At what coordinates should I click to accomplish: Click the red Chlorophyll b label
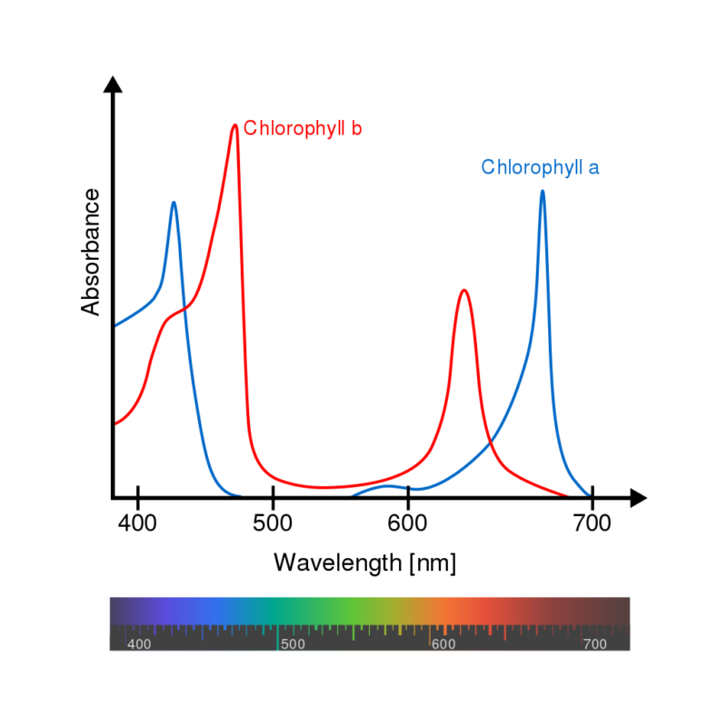(303, 128)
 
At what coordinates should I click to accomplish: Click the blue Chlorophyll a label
(540, 167)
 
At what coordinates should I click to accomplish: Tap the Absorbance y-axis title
(91, 253)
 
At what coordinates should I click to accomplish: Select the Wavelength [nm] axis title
(364, 563)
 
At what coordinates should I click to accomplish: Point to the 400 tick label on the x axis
(137, 524)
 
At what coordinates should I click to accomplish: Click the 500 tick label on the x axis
(274, 524)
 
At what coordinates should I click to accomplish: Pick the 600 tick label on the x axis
(409, 524)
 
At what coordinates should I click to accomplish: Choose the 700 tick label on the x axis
(593, 524)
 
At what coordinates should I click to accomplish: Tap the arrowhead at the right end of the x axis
(638, 498)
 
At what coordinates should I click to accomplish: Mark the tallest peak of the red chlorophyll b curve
(234, 125)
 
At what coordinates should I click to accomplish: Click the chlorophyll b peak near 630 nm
(464, 291)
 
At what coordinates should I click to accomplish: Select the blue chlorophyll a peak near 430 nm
(174, 203)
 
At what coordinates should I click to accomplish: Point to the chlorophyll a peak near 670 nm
(543, 191)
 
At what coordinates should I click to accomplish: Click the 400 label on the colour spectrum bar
(139, 644)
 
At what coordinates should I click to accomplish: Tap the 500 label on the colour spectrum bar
(293, 644)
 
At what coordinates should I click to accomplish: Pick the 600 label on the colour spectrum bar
(443, 644)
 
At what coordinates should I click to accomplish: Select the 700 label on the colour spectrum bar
(594, 644)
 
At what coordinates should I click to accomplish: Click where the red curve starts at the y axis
(115, 423)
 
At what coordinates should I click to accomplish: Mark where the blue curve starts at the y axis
(115, 325)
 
